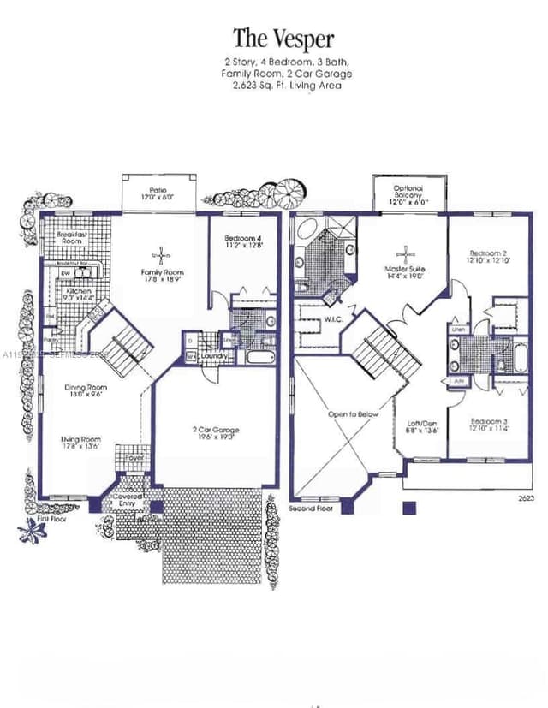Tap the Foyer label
(134, 458)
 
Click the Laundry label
(213, 354)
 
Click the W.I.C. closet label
(333, 320)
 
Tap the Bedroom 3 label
(488, 425)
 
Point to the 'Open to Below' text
(353, 414)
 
